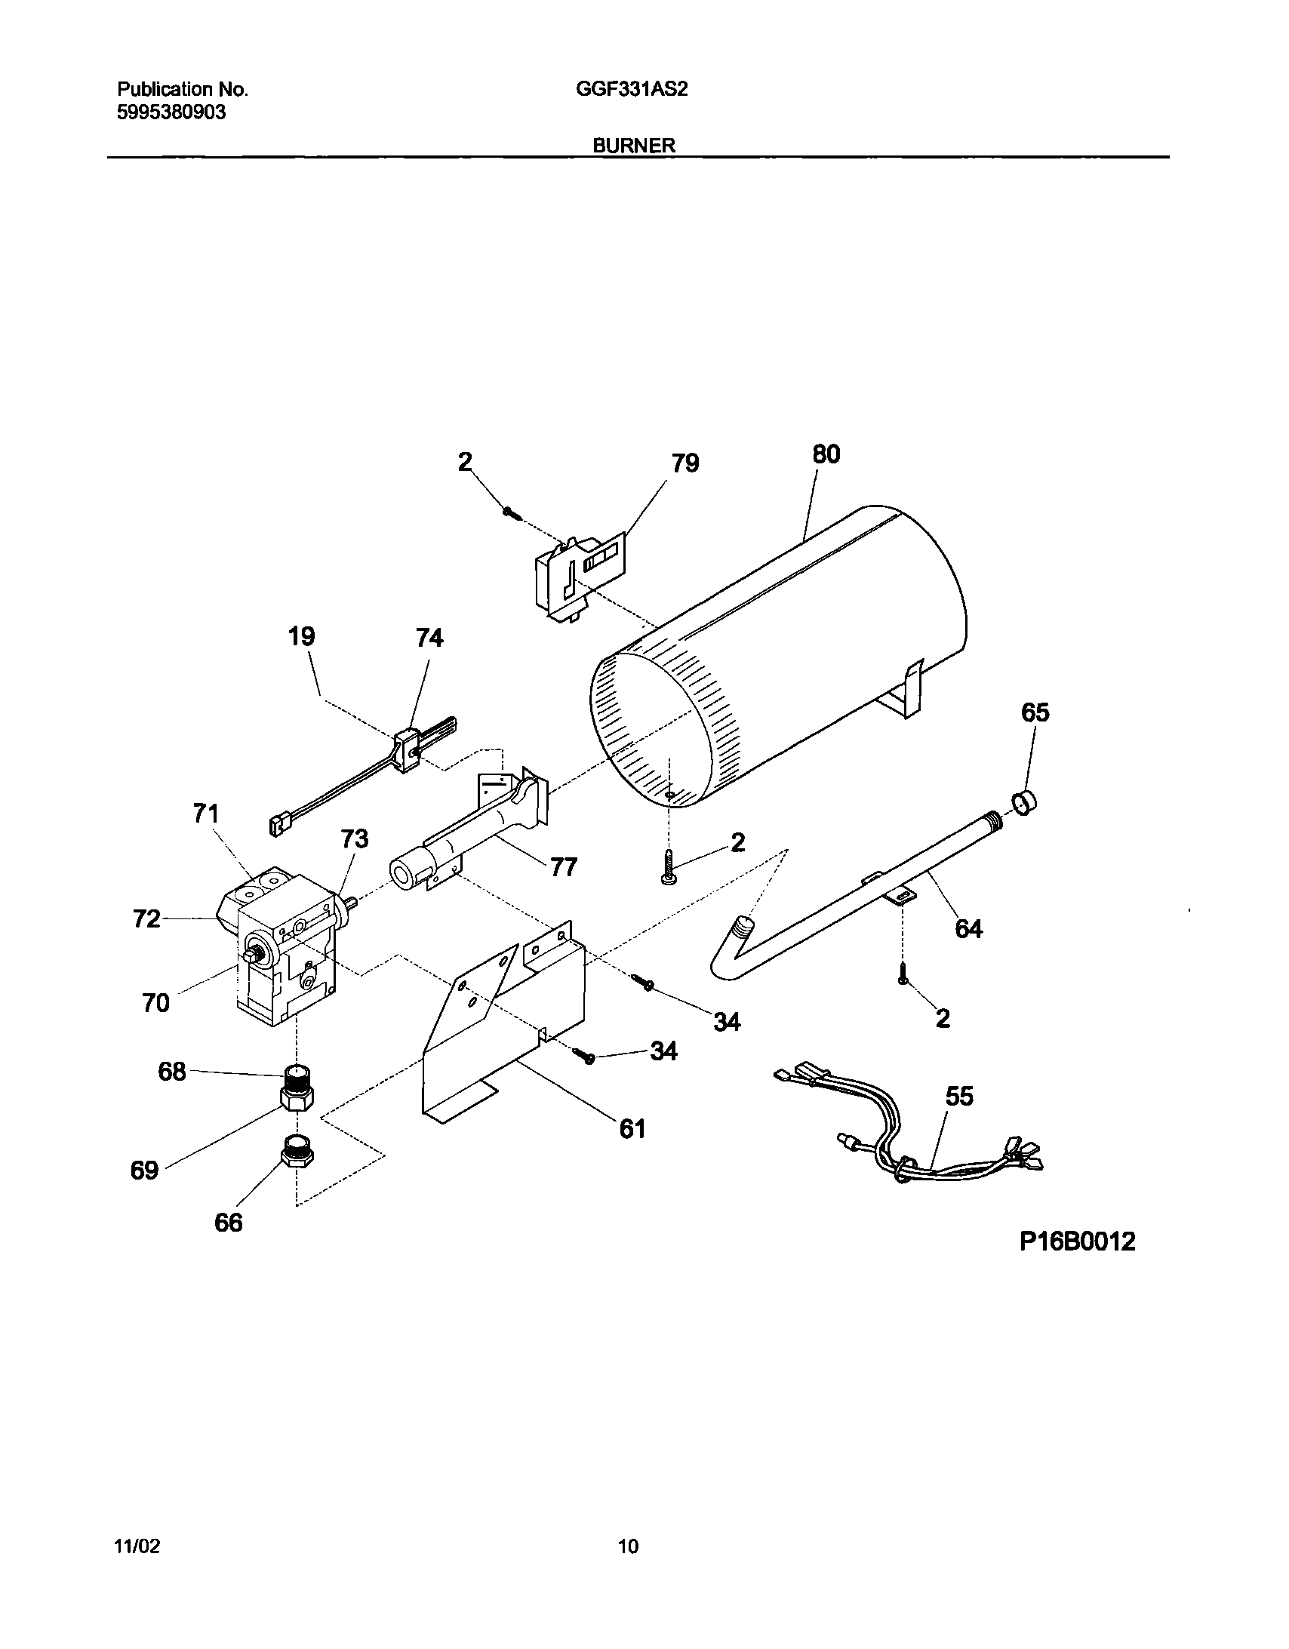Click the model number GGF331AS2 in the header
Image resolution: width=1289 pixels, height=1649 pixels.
tap(631, 90)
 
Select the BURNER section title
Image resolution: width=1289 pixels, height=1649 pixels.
tap(633, 146)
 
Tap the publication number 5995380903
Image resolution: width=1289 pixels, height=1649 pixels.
tap(171, 112)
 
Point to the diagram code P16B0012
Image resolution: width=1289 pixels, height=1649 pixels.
tap(1077, 1241)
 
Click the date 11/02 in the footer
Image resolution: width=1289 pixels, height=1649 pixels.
tap(137, 1546)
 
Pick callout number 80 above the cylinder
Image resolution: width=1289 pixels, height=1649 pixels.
tap(826, 454)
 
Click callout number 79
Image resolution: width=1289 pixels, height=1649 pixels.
tap(685, 463)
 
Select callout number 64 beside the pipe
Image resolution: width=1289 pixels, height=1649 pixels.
tap(969, 928)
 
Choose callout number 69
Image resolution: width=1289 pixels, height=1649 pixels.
tap(144, 1170)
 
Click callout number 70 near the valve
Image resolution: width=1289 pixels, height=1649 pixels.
tap(155, 1003)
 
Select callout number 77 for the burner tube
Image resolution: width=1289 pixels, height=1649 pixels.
tap(563, 867)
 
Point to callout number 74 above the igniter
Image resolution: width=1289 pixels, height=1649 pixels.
tap(429, 638)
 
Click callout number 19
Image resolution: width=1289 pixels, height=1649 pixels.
tap(301, 636)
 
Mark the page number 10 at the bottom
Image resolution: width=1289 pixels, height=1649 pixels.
tap(628, 1546)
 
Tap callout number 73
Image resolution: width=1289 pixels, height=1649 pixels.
tap(354, 838)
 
